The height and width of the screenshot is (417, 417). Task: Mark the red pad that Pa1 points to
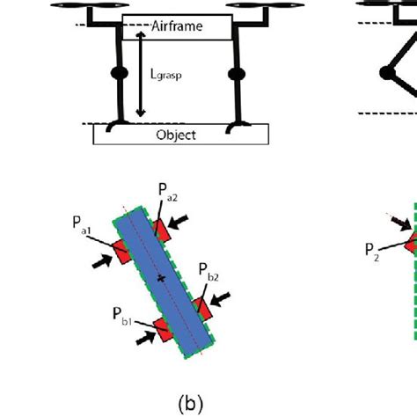coord(120,250)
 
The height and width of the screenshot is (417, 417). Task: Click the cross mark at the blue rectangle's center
coord(160,278)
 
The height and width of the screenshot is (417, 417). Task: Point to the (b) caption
coord(192,402)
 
